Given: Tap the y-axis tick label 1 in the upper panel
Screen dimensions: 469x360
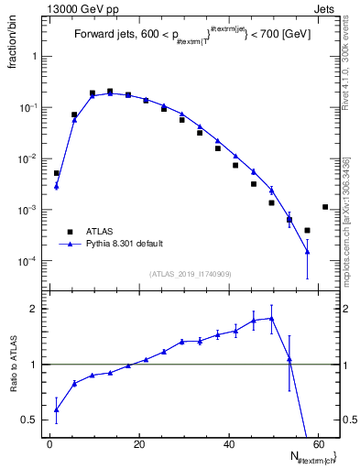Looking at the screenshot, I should pos(36,57).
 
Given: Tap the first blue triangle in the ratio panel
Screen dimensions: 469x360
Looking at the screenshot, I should pos(57,409).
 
